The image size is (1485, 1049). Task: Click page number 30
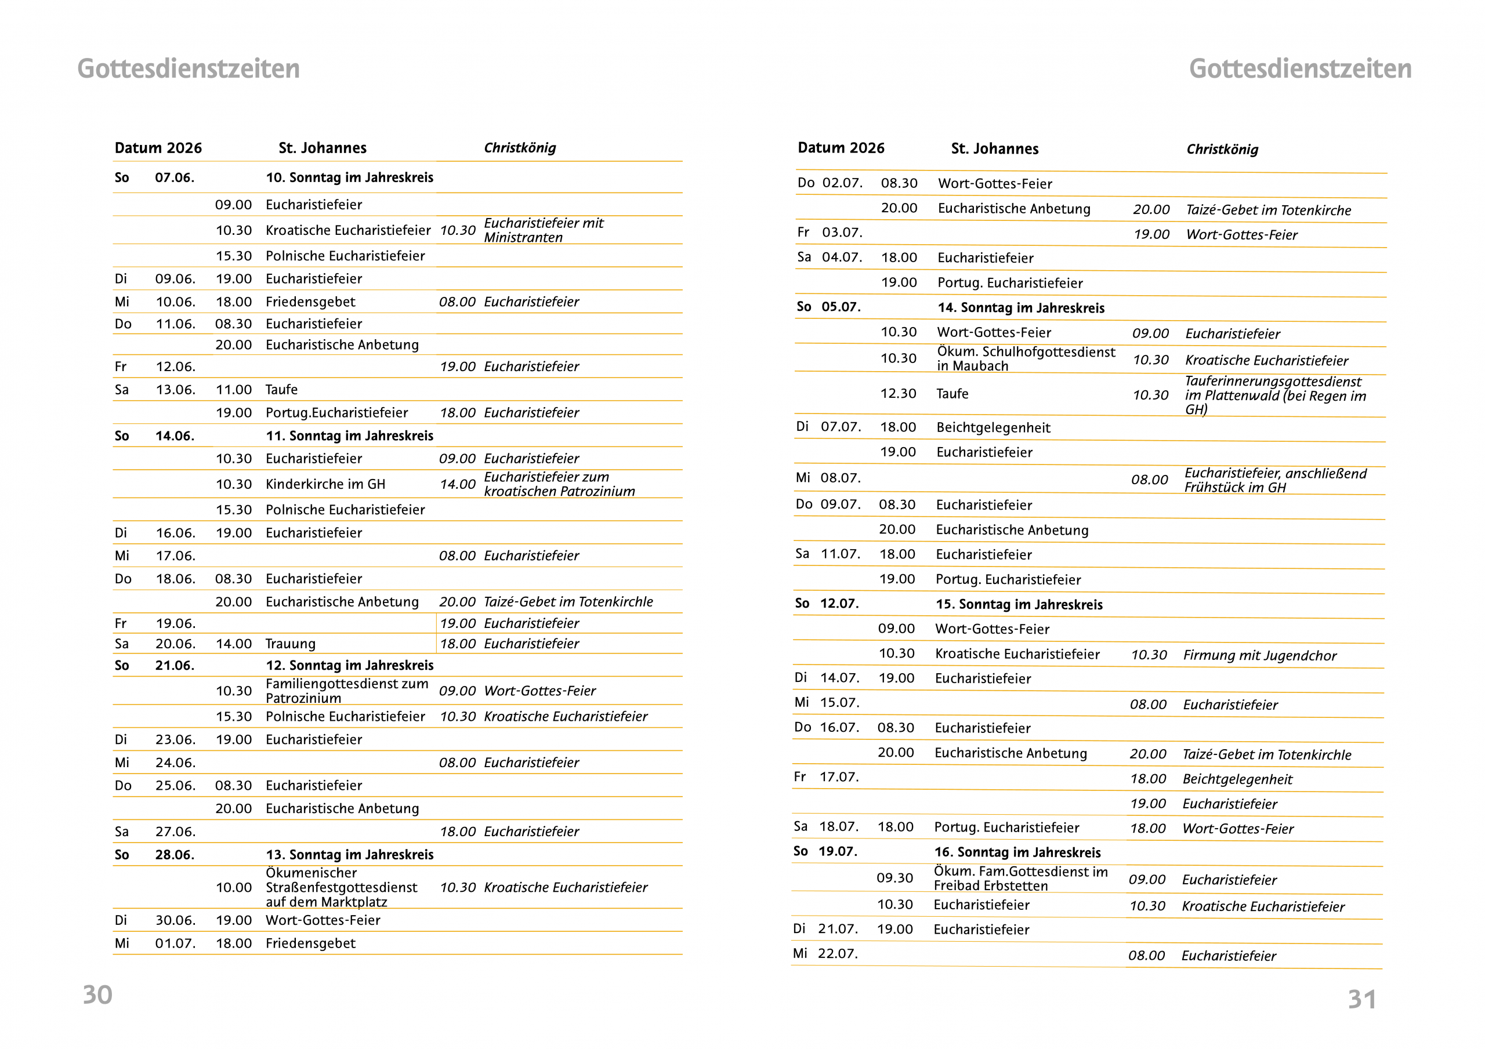pyautogui.click(x=97, y=994)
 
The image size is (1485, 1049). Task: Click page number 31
pyautogui.click(x=1361, y=999)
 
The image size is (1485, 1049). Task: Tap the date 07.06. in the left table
pyautogui.click(x=175, y=178)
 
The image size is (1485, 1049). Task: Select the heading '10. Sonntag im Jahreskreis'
pyautogui.click(x=349, y=178)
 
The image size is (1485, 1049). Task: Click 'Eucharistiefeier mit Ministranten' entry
pyautogui.click(x=544, y=230)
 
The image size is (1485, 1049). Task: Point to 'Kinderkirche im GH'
pyautogui.click(x=325, y=484)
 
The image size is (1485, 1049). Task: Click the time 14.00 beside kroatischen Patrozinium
pyautogui.click(x=457, y=484)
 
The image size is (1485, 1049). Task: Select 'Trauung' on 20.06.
pyautogui.click(x=291, y=644)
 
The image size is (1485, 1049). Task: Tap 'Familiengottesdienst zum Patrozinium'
pyautogui.click(x=347, y=691)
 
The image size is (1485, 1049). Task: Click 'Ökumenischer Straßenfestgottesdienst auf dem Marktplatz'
pyautogui.click(x=342, y=887)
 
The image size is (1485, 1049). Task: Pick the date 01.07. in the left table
pyautogui.click(x=175, y=943)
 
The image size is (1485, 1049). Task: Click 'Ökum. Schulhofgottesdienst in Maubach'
pyautogui.click(x=1026, y=359)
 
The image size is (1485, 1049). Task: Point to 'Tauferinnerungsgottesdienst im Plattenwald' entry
pyautogui.click(x=1275, y=395)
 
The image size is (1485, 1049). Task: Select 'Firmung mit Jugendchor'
pyautogui.click(x=1259, y=656)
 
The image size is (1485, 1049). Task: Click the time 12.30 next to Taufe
pyautogui.click(x=898, y=394)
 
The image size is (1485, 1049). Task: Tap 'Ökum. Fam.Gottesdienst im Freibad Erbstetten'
pyautogui.click(x=1020, y=879)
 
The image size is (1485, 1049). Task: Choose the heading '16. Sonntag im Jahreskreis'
pyautogui.click(x=1017, y=852)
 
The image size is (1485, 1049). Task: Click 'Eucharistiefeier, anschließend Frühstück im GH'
pyautogui.click(x=1275, y=481)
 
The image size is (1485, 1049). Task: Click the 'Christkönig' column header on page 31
pyautogui.click(x=1222, y=150)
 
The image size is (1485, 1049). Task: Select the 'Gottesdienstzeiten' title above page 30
pyautogui.click(x=188, y=69)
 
